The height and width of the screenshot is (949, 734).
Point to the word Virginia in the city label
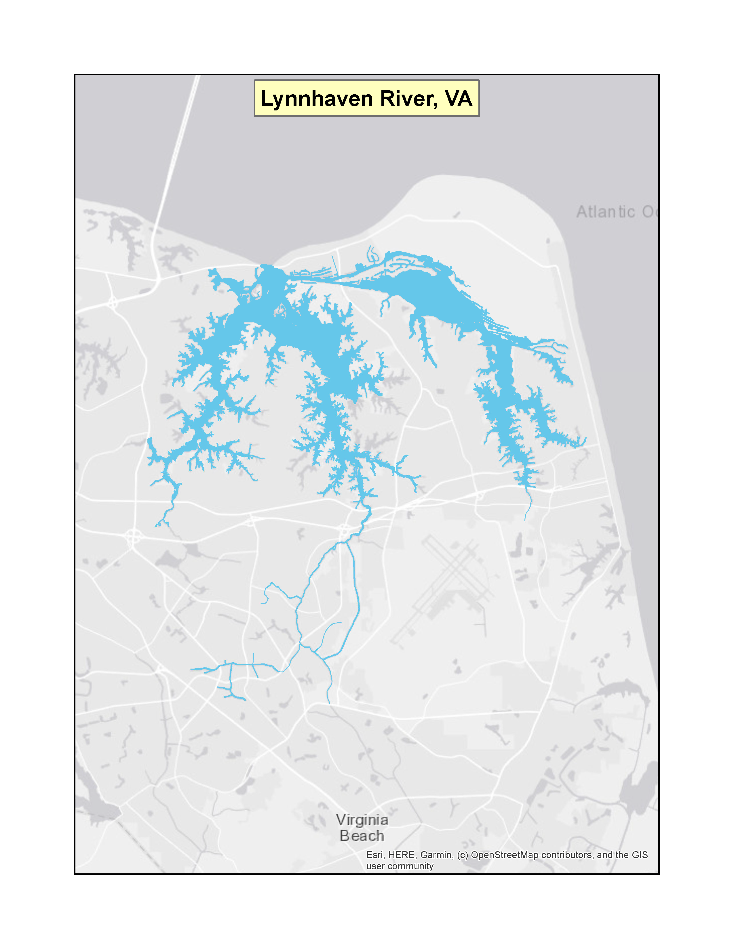362,820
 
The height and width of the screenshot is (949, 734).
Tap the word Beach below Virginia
362,836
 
